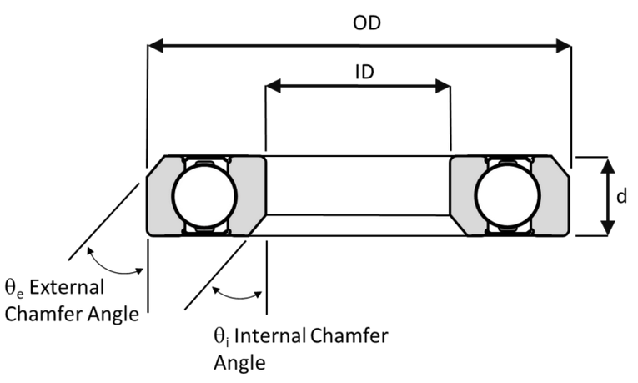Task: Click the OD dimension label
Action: [367, 23]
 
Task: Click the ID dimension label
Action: [364, 72]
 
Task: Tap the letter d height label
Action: [621, 196]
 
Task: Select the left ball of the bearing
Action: [204, 195]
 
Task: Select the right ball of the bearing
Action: [508, 195]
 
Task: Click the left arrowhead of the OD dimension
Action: [155, 46]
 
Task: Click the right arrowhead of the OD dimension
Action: [564, 46]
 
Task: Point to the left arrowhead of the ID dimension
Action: [273, 86]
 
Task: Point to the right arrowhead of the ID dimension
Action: [443, 86]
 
